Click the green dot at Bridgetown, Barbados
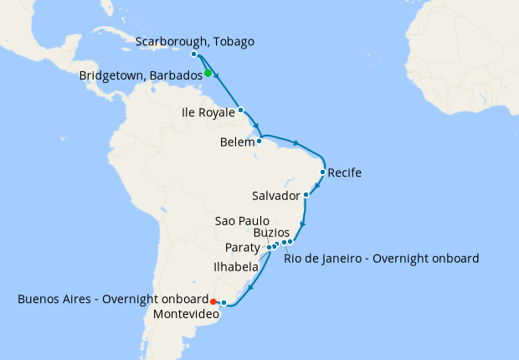[208, 74]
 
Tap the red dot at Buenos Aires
[213, 301]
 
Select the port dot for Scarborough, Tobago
[194, 54]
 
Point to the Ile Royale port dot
[240, 110]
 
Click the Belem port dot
[259, 141]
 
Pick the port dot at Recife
[323, 172]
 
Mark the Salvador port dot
[306, 195]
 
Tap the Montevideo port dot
[224, 302]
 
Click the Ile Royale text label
[208, 111]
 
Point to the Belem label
[237, 142]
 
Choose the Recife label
[345, 173]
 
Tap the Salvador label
[275, 196]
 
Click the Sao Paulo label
[242, 221]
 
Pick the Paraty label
[243, 248]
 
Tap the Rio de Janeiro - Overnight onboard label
[382, 258]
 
